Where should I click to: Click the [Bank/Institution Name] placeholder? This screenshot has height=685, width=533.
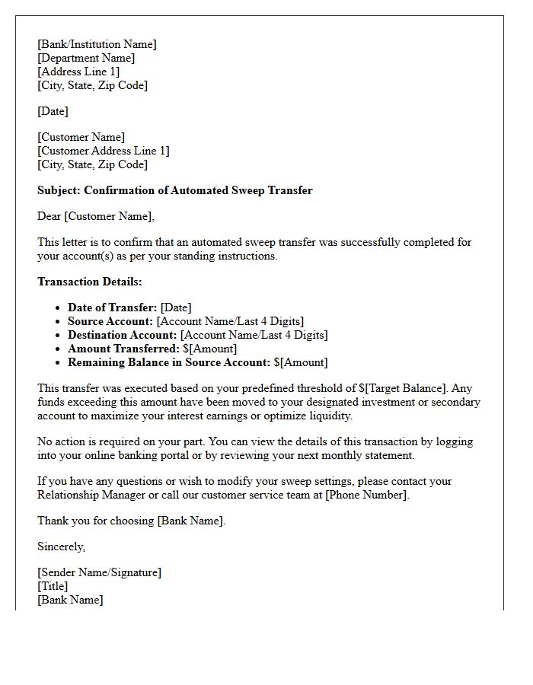pos(97,44)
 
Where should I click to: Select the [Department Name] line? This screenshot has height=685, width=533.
pos(86,58)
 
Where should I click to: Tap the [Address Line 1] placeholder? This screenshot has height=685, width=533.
pos(78,72)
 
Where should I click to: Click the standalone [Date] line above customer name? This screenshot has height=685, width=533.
pos(53,111)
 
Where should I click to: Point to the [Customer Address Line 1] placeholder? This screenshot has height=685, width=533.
pos(104,151)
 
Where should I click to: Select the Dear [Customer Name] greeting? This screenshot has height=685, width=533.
pos(95,216)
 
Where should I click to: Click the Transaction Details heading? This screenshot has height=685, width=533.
pos(89,282)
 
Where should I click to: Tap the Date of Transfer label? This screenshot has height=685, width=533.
pos(112,307)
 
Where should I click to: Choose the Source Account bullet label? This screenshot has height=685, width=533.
pos(110,321)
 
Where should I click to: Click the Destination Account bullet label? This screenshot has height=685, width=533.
pos(122,335)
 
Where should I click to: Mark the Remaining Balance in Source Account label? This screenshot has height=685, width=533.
pos(168,362)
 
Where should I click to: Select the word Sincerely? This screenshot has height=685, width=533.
pos(61,546)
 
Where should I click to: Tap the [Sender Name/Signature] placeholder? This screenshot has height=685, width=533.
pos(99,572)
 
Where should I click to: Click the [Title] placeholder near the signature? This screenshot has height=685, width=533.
pos(53,586)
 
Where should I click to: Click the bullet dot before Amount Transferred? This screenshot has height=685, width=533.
pos(58,349)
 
